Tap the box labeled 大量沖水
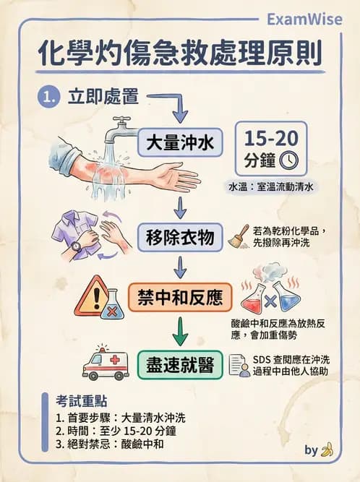tap(181, 142)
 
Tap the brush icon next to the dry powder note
tap(238, 236)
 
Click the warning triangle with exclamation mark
tap(92, 294)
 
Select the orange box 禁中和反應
tap(180, 297)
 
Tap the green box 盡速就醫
tap(180, 366)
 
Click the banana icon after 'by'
tap(327, 449)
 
